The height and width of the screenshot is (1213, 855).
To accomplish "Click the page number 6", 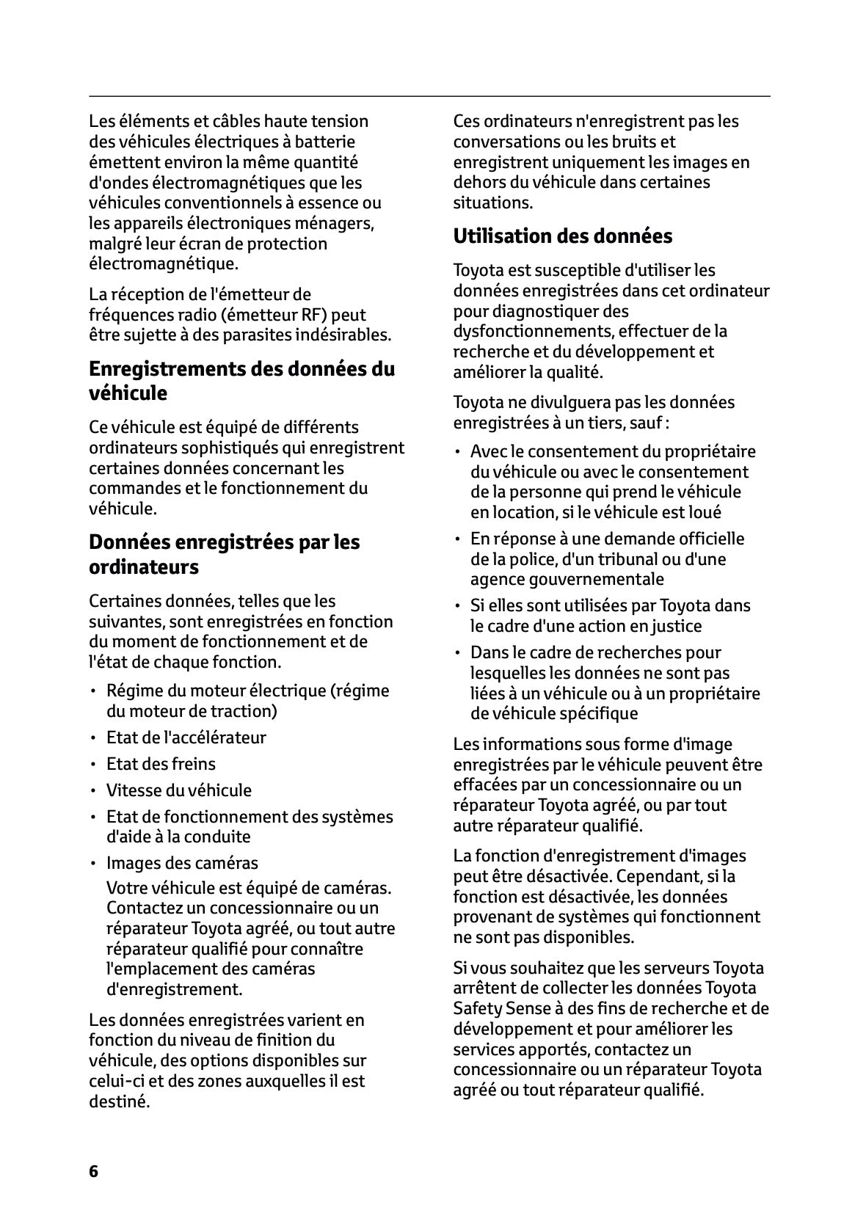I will pyautogui.click(x=93, y=1171).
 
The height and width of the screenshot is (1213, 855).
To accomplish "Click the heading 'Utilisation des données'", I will pyautogui.click(x=562, y=236).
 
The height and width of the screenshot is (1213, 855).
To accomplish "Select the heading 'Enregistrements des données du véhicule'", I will pyautogui.click(x=241, y=380).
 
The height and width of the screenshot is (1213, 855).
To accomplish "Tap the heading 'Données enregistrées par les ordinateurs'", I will pyautogui.click(x=224, y=554).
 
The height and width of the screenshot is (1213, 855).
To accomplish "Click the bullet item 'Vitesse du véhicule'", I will pyautogui.click(x=178, y=790).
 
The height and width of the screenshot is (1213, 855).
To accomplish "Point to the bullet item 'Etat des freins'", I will pyautogui.click(x=161, y=764).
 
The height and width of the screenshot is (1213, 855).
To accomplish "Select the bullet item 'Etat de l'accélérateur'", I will pyautogui.click(x=186, y=737).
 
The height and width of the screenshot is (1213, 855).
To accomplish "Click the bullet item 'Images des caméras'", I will pyautogui.click(x=182, y=863).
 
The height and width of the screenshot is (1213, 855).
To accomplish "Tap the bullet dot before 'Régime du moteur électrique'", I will pyautogui.click(x=93, y=692).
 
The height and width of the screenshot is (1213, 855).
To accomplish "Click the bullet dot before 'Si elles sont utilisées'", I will pyautogui.click(x=457, y=607).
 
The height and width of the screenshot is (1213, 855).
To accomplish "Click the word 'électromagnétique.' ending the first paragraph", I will pyautogui.click(x=163, y=263).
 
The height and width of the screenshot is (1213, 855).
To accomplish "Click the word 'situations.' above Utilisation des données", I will pyautogui.click(x=493, y=203).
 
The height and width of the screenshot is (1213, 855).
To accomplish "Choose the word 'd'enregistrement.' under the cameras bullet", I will pyautogui.click(x=174, y=989).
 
